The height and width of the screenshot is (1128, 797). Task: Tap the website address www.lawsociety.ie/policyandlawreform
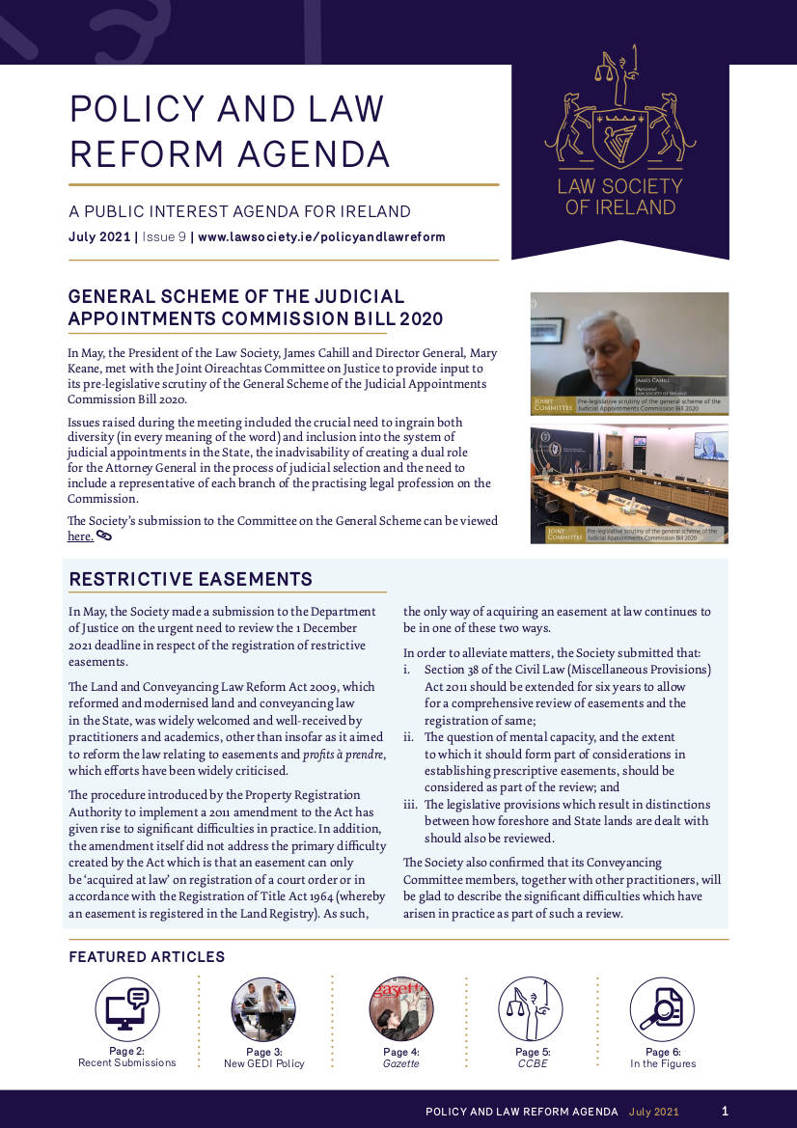tap(321, 237)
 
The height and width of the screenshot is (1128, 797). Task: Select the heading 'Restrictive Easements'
tap(191, 580)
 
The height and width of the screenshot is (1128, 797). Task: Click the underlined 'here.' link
tap(80, 536)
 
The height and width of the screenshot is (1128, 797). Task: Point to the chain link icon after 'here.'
tap(104, 536)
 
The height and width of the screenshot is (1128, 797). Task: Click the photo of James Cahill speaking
tap(629, 353)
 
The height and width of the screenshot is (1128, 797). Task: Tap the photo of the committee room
tap(629, 483)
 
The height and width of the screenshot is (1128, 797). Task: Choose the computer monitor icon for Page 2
tap(126, 1008)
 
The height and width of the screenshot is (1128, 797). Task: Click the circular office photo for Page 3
tap(263, 1008)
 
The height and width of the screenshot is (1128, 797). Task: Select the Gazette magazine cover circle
tap(400, 1008)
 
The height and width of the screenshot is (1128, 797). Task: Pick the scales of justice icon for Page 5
tap(530, 1008)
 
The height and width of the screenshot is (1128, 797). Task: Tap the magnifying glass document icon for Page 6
tap(662, 1008)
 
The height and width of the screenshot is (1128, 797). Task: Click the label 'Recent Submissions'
tap(127, 1062)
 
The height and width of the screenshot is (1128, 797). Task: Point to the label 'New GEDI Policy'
tap(263, 1063)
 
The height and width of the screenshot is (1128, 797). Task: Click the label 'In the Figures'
tap(663, 1063)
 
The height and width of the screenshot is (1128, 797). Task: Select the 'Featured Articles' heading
tap(147, 957)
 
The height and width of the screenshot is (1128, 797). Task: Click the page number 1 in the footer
tap(725, 1111)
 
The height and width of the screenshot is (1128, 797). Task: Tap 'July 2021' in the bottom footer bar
tap(654, 1112)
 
